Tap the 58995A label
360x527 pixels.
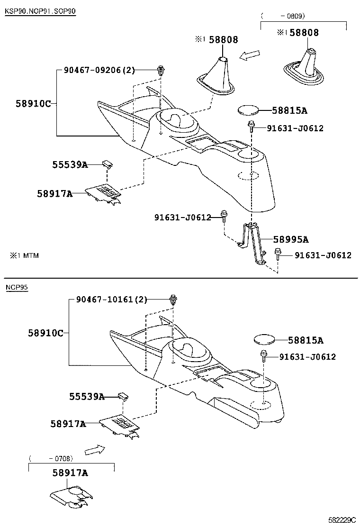click(290, 239)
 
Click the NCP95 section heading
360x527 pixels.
click(17, 287)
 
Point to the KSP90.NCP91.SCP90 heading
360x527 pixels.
click(40, 11)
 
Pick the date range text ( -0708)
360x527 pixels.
click(51, 458)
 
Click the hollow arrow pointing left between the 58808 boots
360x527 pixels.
click(250, 56)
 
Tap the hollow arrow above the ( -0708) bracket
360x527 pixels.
click(95, 448)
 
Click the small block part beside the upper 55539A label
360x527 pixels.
click(108, 164)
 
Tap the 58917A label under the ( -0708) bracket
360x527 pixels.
click(70, 472)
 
